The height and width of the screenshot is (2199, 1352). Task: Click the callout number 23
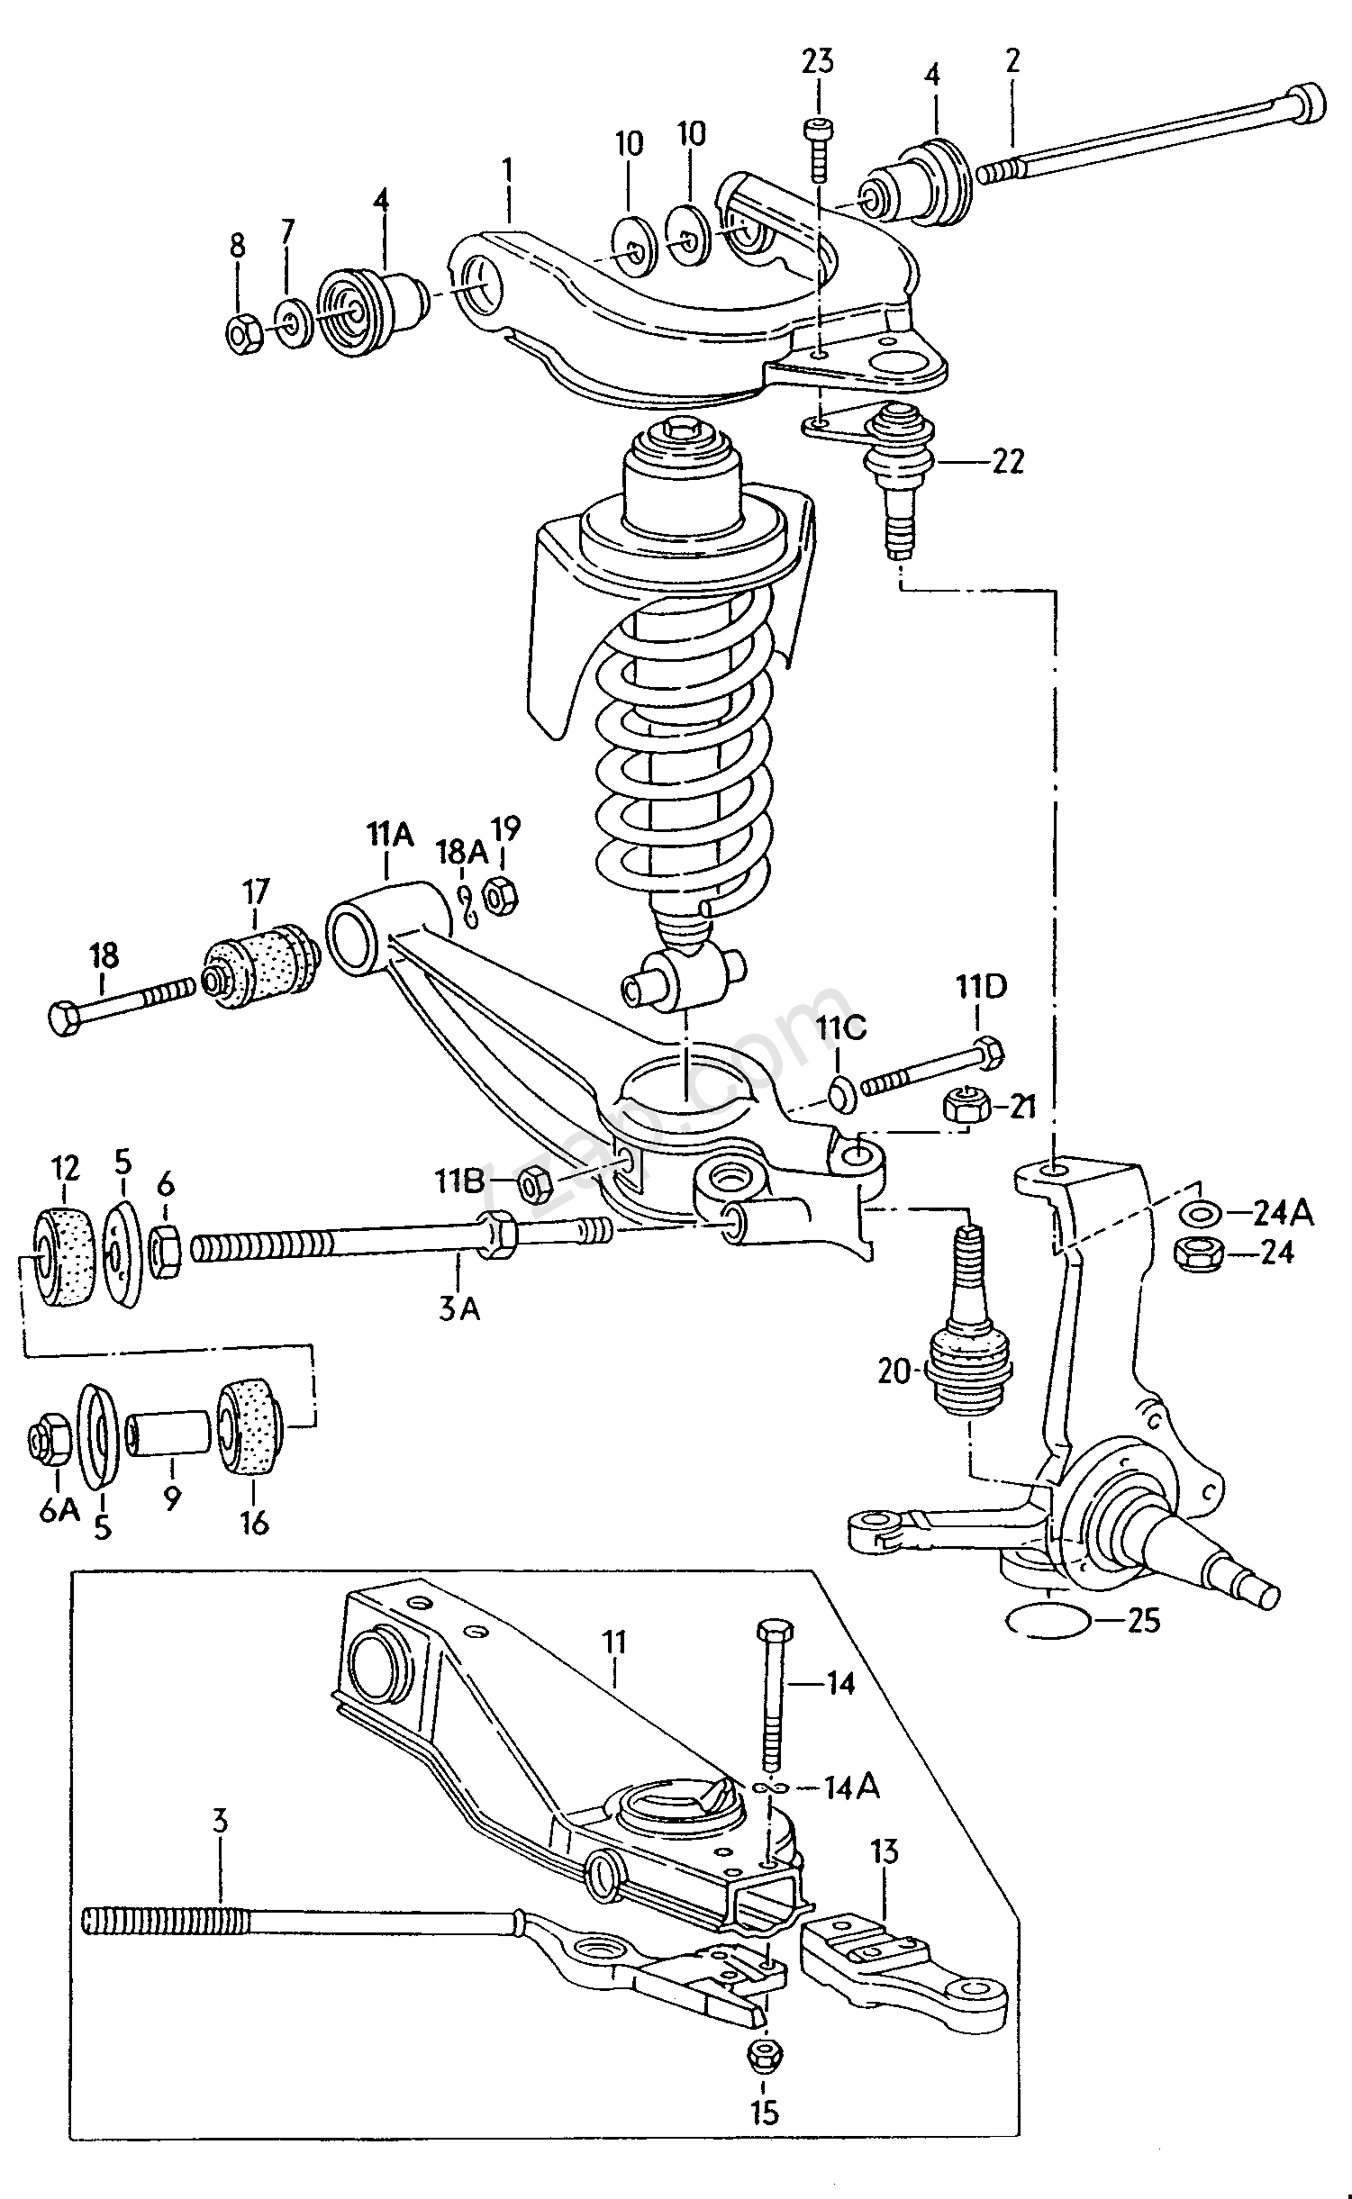(x=818, y=63)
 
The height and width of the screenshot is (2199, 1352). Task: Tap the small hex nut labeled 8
(x=243, y=335)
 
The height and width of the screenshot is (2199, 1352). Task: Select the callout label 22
(x=1007, y=462)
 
